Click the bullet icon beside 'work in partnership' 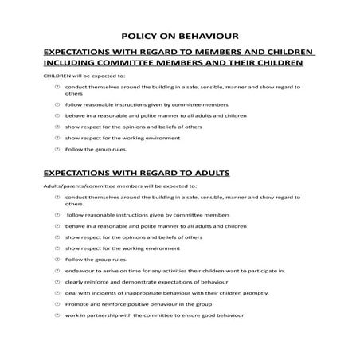coord(57,315)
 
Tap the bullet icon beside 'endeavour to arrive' coord(57,270)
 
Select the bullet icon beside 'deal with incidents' coord(57,292)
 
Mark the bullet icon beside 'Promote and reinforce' coord(57,303)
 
